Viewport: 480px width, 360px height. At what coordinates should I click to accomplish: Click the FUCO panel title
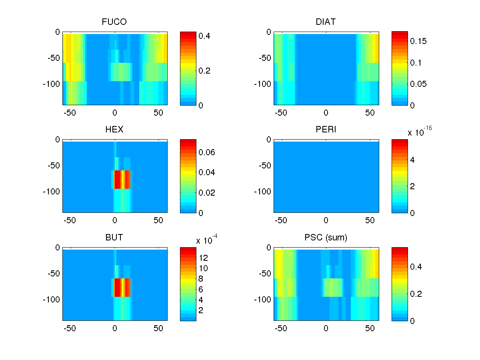(114, 22)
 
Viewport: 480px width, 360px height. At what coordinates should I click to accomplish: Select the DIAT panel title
(326, 22)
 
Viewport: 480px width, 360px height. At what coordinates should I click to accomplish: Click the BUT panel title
(114, 238)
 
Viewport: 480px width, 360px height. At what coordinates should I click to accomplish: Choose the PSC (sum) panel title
(326, 238)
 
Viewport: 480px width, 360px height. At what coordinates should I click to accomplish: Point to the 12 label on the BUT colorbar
(204, 258)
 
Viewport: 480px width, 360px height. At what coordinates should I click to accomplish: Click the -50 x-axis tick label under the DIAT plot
(281, 113)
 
